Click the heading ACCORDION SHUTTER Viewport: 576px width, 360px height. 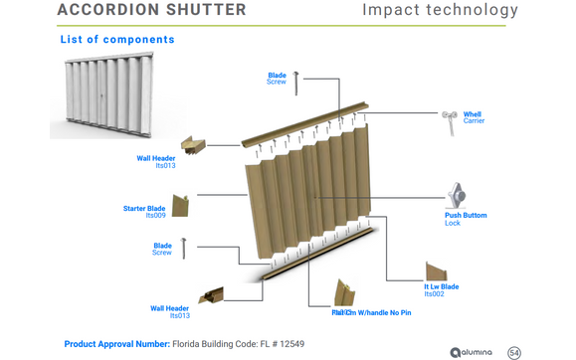click(152, 10)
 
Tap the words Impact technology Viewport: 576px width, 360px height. click(440, 11)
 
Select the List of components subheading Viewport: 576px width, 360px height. click(117, 40)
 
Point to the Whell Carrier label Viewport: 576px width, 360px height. click(474, 117)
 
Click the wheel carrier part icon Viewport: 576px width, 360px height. click(450, 120)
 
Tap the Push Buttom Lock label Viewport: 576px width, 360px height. click(466, 218)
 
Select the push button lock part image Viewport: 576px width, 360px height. click(456, 195)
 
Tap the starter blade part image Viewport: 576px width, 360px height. click(181, 205)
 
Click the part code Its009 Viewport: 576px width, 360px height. click(155, 216)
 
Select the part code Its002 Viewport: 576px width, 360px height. click(434, 294)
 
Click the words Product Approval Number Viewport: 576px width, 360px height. click(116, 344)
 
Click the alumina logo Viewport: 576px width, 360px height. click(471, 352)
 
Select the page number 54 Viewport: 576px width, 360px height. click(514, 352)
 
